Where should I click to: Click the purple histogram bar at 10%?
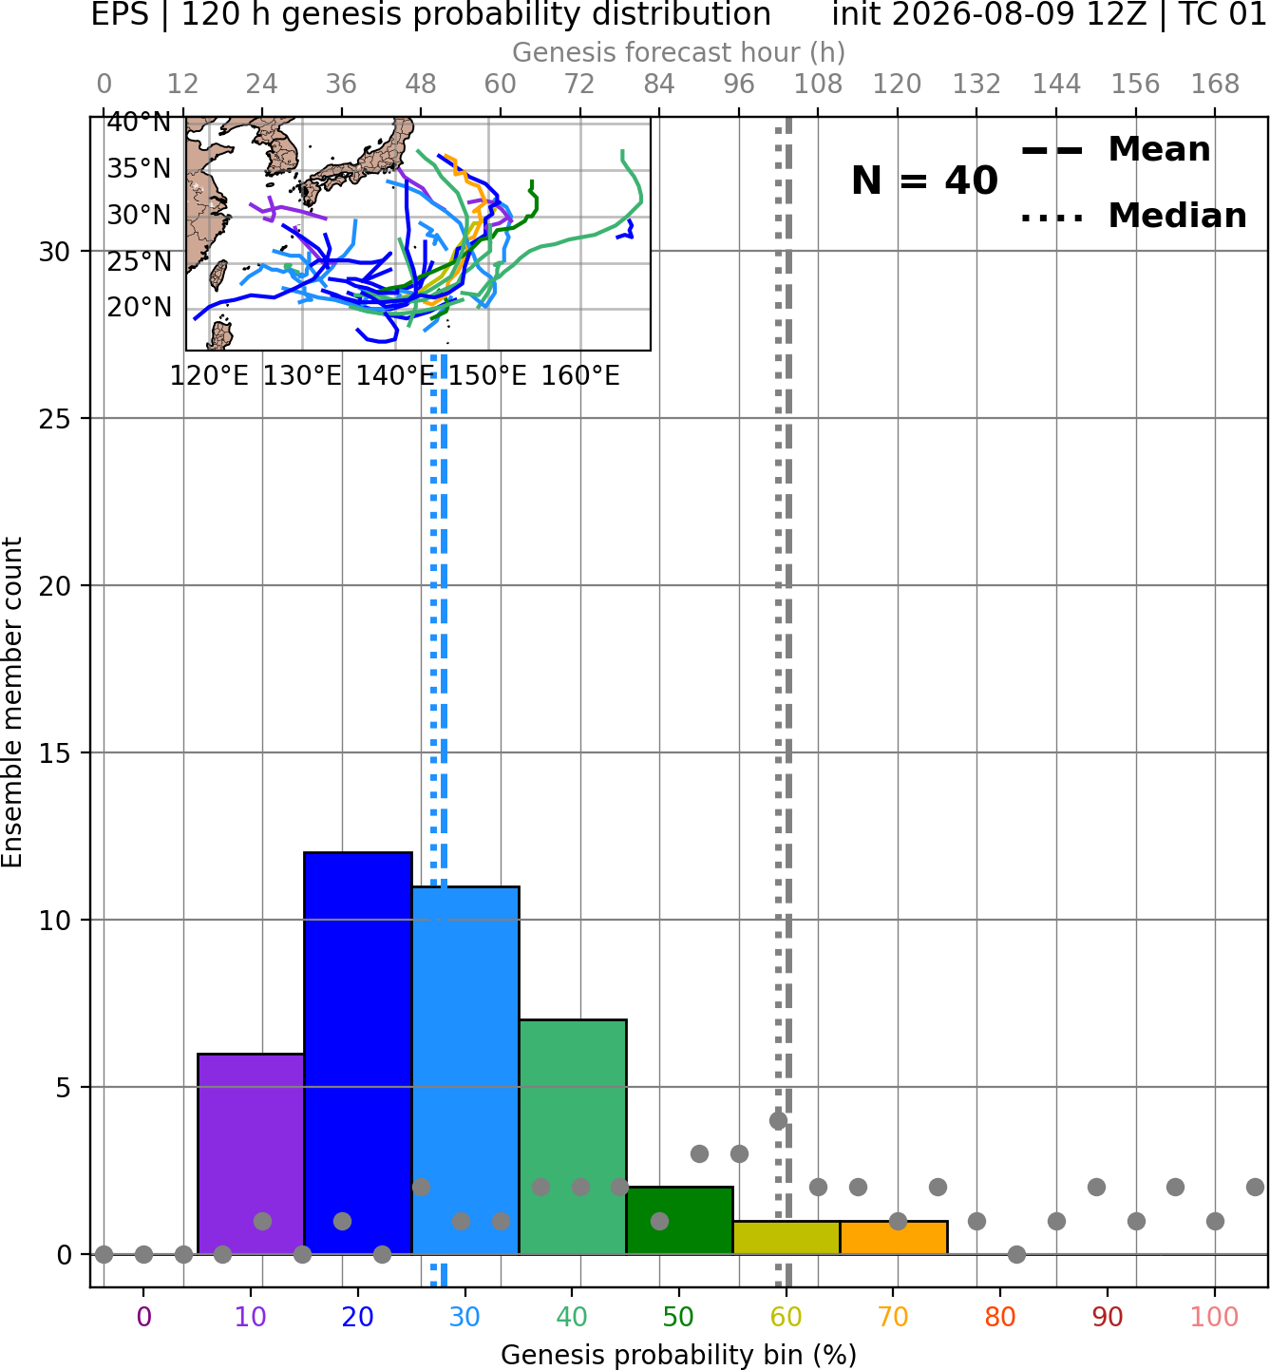click(x=251, y=1153)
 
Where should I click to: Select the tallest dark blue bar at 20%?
click(x=358, y=1054)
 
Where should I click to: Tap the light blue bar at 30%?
click(x=465, y=1070)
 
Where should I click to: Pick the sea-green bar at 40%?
click(x=573, y=1137)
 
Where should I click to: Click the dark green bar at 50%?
click(x=679, y=1220)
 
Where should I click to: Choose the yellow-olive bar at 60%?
click(x=787, y=1238)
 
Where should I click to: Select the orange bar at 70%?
click(x=894, y=1238)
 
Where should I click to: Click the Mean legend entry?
click(x=1115, y=150)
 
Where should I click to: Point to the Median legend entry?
click(x=1133, y=216)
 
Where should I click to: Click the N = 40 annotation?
click(x=924, y=181)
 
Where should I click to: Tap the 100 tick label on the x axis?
click(x=1214, y=1317)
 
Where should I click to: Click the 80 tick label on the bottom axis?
click(x=1000, y=1317)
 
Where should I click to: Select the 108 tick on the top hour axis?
click(x=818, y=85)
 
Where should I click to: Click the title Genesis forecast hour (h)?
click(x=679, y=52)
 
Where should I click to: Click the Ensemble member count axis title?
click(x=11, y=702)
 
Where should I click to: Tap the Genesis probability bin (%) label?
click(x=679, y=1356)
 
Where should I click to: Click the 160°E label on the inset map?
click(x=580, y=376)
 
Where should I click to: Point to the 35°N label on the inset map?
click(x=139, y=168)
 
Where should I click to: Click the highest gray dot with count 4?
click(x=779, y=1120)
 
